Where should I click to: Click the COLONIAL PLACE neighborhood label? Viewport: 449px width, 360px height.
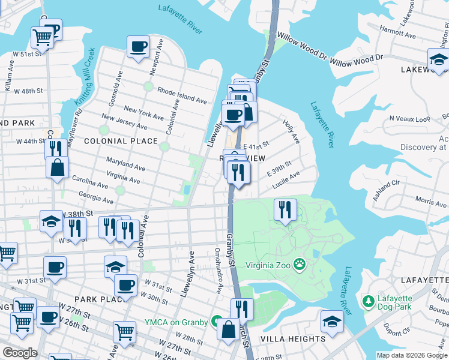point(121,142)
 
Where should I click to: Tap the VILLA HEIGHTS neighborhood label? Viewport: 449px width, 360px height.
point(293,339)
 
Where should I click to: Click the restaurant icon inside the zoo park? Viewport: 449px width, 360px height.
point(285,210)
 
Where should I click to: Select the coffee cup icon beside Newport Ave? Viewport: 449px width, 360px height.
point(138,47)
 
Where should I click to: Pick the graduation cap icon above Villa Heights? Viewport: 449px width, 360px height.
point(332,321)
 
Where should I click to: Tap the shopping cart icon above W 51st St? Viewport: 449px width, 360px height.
point(42,37)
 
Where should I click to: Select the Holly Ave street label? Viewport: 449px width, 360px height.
point(291,130)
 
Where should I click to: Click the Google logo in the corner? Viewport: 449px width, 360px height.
point(20,352)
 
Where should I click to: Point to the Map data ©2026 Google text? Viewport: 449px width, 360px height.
point(411,355)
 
